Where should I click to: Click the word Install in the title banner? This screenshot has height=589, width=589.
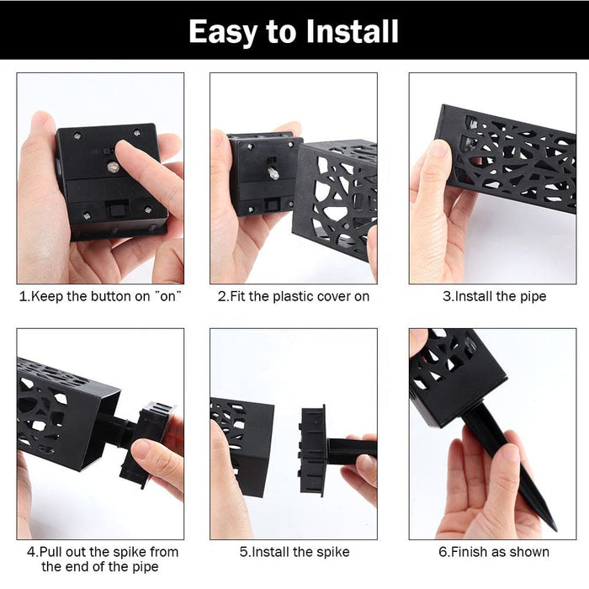[x=352, y=32]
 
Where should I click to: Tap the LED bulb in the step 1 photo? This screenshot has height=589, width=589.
[x=113, y=167]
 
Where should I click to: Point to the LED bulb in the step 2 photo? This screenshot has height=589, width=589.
[x=273, y=172]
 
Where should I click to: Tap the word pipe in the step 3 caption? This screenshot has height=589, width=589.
[x=533, y=297]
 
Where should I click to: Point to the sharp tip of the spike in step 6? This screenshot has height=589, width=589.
[x=555, y=529]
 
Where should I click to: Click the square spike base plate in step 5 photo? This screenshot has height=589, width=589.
[x=312, y=451]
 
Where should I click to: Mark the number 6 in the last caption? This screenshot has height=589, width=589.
[x=443, y=552]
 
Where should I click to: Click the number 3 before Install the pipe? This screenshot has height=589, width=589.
[x=447, y=296]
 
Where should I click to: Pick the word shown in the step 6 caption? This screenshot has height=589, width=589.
[x=529, y=552]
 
